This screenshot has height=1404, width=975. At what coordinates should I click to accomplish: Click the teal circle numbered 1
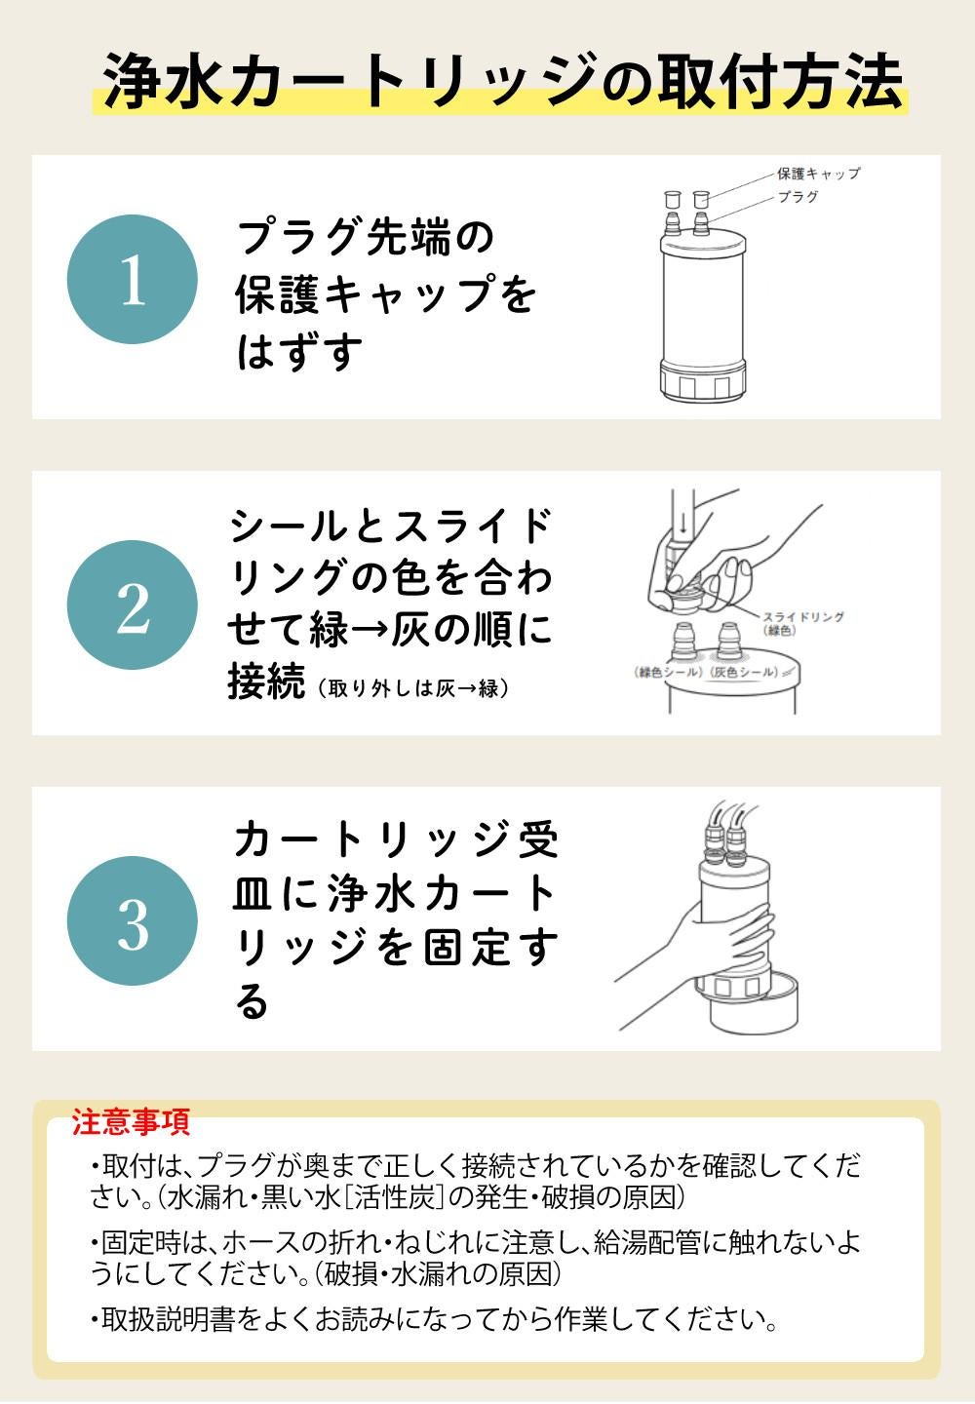click(133, 280)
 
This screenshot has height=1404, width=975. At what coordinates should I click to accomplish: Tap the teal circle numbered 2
click(133, 605)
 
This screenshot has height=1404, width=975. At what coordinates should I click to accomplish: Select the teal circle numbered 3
click(133, 921)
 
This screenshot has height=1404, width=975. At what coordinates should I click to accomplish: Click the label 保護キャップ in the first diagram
click(818, 174)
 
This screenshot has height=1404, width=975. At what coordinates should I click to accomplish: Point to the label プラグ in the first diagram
click(798, 197)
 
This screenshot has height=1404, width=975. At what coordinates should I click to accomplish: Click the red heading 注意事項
click(131, 1122)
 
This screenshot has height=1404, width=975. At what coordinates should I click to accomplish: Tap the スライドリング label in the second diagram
click(803, 617)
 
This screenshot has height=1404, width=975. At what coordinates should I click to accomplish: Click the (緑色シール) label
click(668, 673)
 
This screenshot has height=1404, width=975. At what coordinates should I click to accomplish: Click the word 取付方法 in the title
click(781, 81)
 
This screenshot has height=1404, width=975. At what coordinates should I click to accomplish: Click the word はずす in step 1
click(299, 351)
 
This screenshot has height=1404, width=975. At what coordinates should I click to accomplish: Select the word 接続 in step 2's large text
click(267, 681)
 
